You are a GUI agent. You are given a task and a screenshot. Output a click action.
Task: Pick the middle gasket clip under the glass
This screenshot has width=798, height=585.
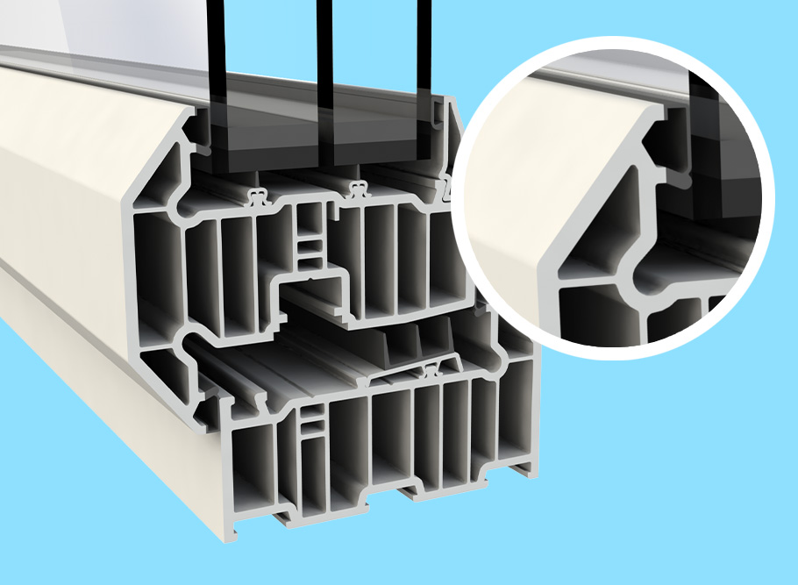(356, 188)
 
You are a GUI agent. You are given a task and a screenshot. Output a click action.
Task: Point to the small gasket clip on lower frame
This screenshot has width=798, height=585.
(431, 370)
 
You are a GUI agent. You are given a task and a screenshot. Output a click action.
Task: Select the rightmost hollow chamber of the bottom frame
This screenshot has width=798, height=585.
(517, 412)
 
